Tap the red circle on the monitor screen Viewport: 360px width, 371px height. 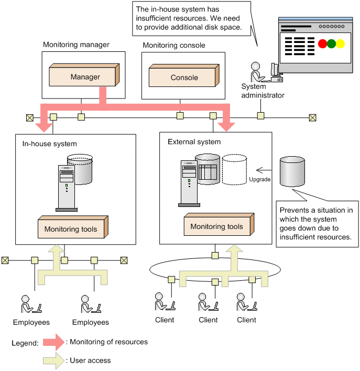tap(323, 44)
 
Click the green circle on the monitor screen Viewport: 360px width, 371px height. tap(331, 44)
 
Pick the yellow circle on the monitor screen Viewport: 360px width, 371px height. tap(340, 44)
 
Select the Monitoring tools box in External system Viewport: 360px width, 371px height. tap(217, 226)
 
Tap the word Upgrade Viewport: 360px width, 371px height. tap(260, 179)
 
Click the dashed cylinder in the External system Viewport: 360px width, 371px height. tap(234, 169)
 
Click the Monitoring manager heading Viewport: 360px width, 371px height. tap(76, 45)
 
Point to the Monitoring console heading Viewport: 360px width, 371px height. tap(173, 46)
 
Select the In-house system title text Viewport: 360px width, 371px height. tap(49, 144)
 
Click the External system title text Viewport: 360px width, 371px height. tap(194, 141)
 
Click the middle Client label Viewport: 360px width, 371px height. tap(208, 320)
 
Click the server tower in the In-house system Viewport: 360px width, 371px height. tap(67, 187)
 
